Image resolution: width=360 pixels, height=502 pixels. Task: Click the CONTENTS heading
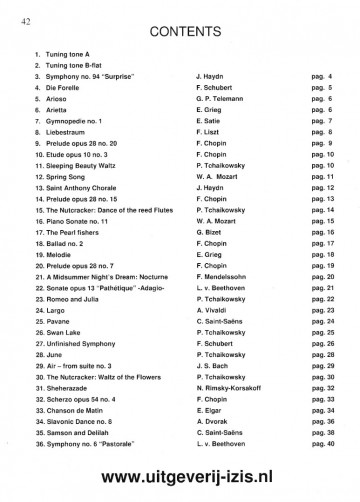point(180,30)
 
